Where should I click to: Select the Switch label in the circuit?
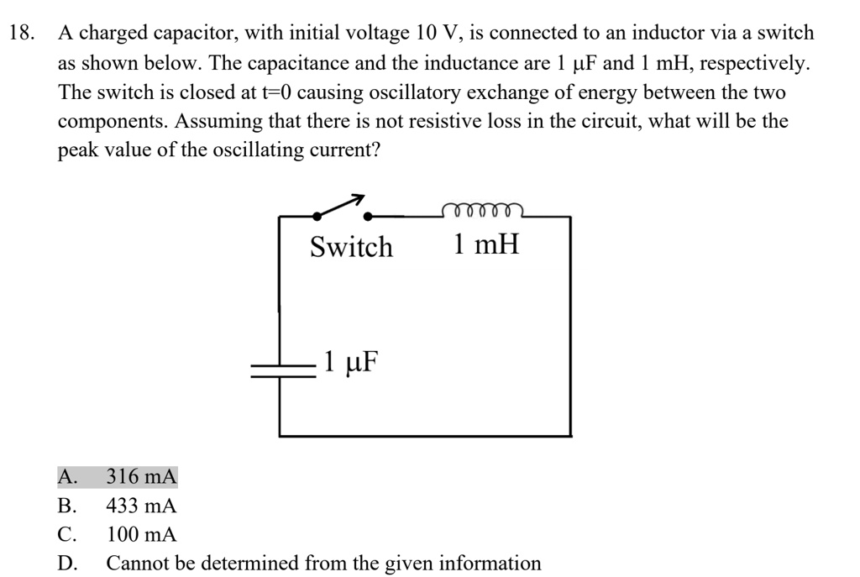point(351,247)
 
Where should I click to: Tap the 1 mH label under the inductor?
point(485,245)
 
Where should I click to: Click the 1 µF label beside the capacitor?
point(350,362)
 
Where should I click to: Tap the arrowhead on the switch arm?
point(358,199)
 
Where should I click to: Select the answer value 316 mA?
point(141,478)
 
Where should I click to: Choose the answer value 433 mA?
point(141,506)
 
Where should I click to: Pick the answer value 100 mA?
point(141,535)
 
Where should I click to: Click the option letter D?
point(66,564)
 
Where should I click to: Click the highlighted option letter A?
point(66,478)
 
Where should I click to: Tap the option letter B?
point(66,506)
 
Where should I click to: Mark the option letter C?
point(66,535)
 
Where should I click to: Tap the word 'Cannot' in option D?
point(134,564)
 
